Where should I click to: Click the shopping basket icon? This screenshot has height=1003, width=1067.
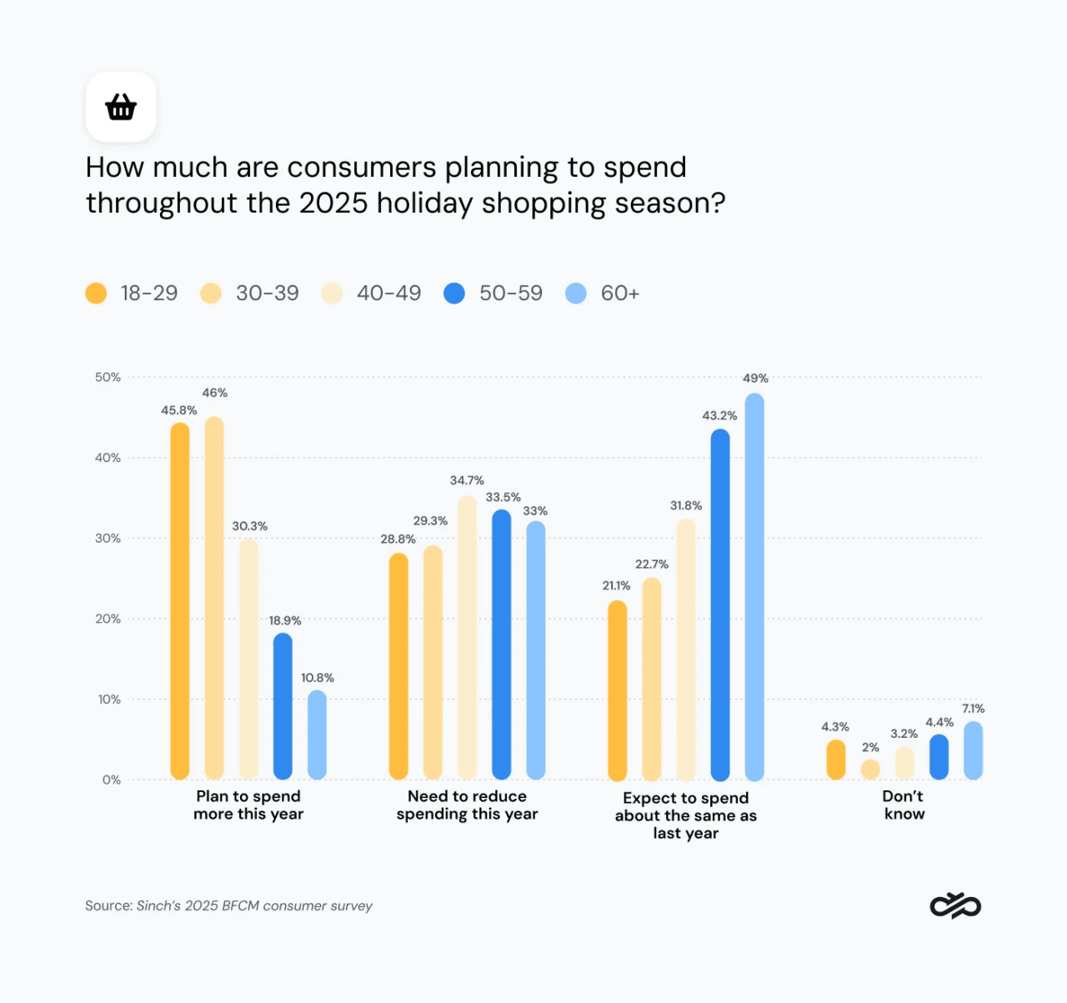(x=121, y=107)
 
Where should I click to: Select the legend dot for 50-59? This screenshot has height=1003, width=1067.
(x=454, y=293)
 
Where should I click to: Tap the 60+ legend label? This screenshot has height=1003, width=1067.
(x=619, y=293)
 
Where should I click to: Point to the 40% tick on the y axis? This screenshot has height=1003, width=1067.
(x=108, y=458)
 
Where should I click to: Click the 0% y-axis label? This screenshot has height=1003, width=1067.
(x=111, y=780)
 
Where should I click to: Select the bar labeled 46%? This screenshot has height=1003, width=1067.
(x=214, y=598)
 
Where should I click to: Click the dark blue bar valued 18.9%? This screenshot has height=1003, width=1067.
(x=283, y=706)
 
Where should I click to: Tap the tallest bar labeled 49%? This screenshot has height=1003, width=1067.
(x=754, y=587)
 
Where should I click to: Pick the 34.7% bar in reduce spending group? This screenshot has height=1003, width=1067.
(x=467, y=638)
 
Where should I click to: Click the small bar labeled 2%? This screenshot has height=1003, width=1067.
(x=870, y=770)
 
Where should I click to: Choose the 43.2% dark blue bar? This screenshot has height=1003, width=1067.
(x=720, y=604)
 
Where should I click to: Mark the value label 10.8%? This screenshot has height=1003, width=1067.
(x=318, y=678)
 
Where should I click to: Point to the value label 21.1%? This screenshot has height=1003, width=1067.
(x=616, y=586)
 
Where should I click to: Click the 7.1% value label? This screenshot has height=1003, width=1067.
(x=973, y=709)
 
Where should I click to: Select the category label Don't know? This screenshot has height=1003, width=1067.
(x=904, y=805)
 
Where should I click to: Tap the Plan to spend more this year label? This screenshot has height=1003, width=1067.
(x=248, y=805)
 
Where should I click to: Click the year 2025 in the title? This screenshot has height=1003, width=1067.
(x=333, y=203)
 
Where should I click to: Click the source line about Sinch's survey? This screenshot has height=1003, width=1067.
(x=228, y=905)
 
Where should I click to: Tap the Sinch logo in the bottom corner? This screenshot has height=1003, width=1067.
(x=955, y=905)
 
